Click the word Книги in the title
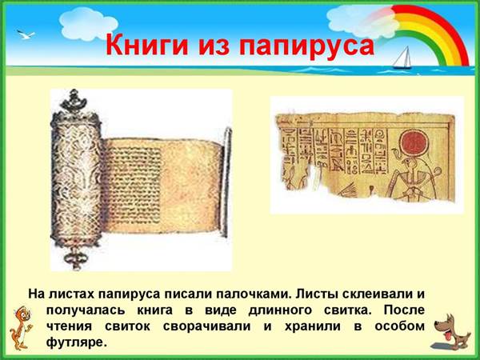pos(147,46)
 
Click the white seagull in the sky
pos(26,34)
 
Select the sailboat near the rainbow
pos(402,58)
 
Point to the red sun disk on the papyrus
pos(414,144)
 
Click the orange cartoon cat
pos(21,327)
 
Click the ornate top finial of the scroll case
pos(74,102)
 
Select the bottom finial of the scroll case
pos(75,258)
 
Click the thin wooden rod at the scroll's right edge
pos(226,182)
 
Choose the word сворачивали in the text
pos(206,326)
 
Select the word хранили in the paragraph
pos(313,326)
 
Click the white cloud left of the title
pos(88,24)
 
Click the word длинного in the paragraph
pos(280,310)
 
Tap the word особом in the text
pos(399,326)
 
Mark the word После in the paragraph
pos(404,310)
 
